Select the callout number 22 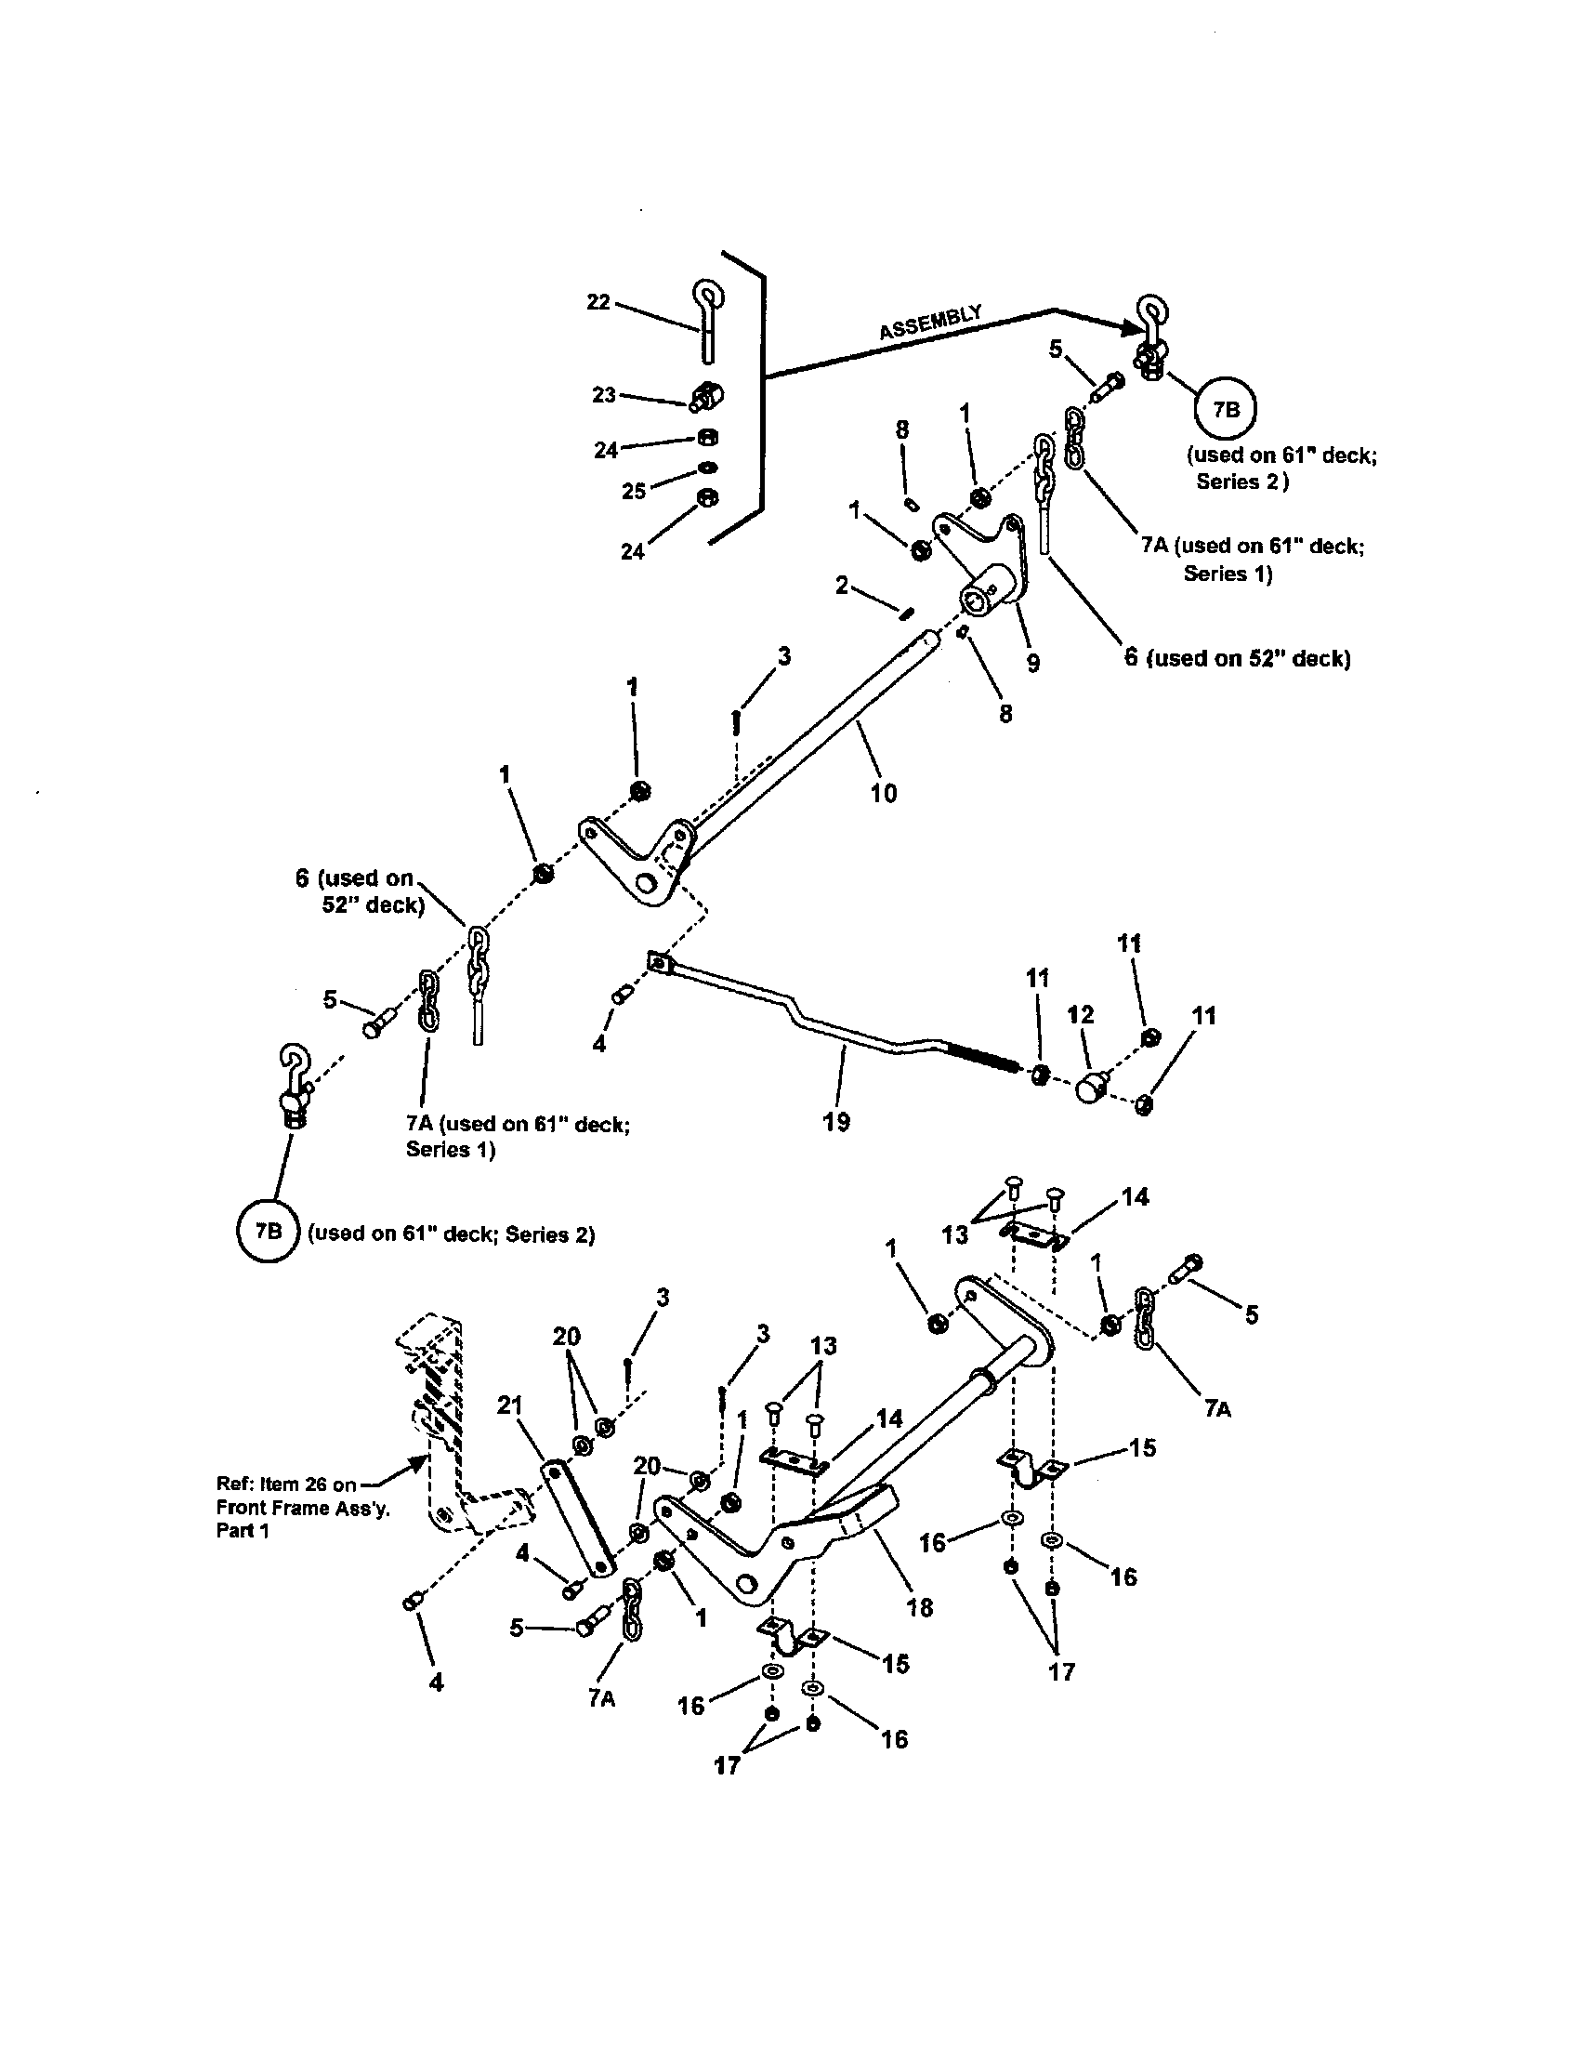(x=598, y=301)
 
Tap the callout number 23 (x=604, y=395)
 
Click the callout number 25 (x=634, y=491)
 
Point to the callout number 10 (x=884, y=793)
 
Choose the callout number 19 (x=836, y=1121)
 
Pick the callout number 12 (x=1081, y=1015)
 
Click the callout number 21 (x=510, y=1405)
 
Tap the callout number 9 (x=1032, y=663)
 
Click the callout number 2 (x=842, y=587)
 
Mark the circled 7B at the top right (x=1224, y=409)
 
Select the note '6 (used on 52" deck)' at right (x=1237, y=658)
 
